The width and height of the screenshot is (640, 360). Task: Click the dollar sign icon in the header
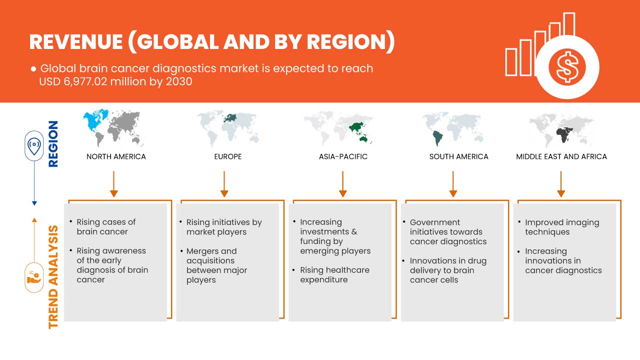coord(567,67)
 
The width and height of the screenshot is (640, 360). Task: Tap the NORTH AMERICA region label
coord(116,156)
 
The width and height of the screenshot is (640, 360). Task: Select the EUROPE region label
coord(228,156)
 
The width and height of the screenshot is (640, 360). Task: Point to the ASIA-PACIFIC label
coord(343,156)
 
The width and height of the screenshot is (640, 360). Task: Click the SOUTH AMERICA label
coord(458,156)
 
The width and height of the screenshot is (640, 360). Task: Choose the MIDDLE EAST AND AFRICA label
coord(561,156)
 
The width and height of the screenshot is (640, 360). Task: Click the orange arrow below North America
coord(113,184)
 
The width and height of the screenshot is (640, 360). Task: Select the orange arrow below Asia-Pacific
coord(342,184)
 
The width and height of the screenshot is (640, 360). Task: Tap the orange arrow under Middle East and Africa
coord(561,184)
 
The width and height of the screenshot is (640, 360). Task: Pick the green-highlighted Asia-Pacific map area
coord(359,131)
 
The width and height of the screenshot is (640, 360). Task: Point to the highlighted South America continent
coord(437,138)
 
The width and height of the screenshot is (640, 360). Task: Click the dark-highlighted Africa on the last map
coord(563,135)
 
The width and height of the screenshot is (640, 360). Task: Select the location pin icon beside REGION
coord(34,145)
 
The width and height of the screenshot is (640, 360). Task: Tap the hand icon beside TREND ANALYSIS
coord(34,277)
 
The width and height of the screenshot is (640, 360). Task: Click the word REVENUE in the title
coord(76,42)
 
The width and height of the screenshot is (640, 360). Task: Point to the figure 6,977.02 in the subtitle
coord(85,81)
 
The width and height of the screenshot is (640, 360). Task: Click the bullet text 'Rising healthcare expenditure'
coord(334,274)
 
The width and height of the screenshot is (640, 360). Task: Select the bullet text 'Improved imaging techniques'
coord(562,227)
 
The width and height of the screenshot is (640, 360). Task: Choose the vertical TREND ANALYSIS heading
coord(53,277)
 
